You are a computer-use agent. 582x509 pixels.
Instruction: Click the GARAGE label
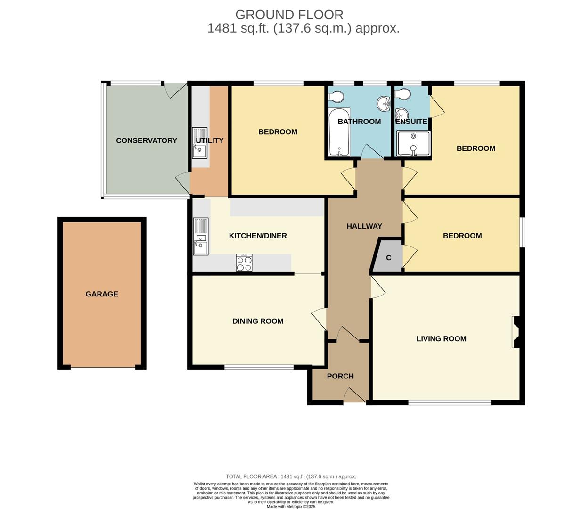click(102, 294)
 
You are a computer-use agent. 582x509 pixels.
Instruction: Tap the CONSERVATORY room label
click(147, 140)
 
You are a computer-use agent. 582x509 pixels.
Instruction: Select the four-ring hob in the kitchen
click(244, 263)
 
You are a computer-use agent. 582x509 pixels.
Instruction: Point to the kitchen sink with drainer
click(200, 236)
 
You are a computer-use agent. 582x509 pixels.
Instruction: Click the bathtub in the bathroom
click(338, 132)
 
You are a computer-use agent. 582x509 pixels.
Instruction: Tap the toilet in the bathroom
click(336, 97)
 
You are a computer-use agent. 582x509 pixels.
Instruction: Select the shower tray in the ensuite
click(413, 143)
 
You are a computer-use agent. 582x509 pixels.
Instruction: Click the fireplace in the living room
click(516, 332)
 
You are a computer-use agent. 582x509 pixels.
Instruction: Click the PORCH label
click(340, 376)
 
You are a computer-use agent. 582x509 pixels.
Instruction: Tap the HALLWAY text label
click(364, 226)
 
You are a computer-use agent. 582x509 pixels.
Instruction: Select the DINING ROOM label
click(258, 321)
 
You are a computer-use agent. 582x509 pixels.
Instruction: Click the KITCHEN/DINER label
click(258, 236)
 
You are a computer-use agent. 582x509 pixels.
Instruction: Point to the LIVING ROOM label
click(441, 339)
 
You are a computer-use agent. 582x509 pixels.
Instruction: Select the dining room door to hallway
click(320, 319)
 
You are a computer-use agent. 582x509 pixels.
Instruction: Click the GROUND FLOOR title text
click(289, 15)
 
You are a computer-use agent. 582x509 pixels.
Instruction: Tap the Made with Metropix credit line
click(291, 507)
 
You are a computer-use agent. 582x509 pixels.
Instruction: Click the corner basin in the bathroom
click(383, 103)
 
